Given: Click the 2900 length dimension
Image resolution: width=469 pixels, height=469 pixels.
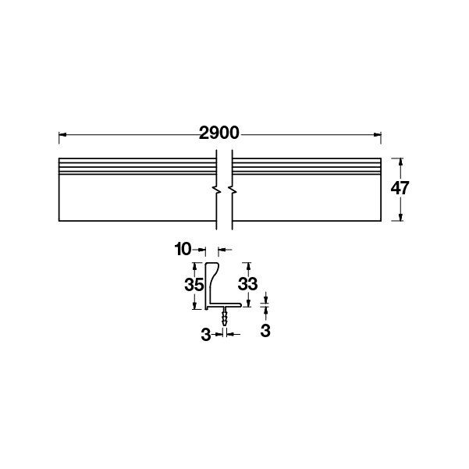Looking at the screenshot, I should tap(218, 133).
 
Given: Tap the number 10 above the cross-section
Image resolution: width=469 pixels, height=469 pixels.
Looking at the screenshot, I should tap(183, 250).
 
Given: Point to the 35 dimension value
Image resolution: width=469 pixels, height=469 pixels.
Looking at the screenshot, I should tap(194, 285).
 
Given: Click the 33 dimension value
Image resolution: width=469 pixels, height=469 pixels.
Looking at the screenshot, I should tap(247, 285).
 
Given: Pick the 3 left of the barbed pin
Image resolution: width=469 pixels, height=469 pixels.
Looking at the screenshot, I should tap(205, 334).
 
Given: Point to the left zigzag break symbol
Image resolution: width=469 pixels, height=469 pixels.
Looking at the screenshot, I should tap(216, 190).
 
